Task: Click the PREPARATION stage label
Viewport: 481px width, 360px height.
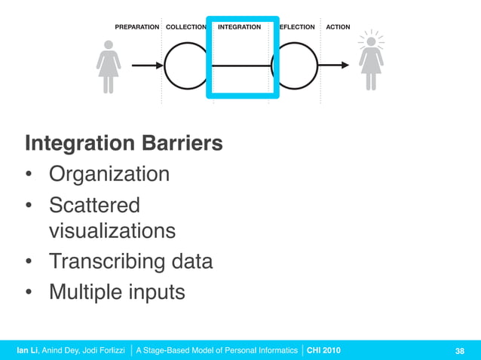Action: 136,27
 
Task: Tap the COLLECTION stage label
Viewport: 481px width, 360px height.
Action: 185,27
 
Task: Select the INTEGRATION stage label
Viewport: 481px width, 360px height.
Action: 239,27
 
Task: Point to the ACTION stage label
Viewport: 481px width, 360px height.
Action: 338,27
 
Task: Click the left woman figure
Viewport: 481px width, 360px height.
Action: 109,66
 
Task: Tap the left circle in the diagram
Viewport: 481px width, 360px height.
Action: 185,66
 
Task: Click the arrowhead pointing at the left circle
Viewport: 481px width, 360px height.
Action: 159,66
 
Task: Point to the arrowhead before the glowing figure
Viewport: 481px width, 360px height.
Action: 345,66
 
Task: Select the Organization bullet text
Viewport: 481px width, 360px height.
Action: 109,175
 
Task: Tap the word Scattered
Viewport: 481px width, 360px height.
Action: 94,205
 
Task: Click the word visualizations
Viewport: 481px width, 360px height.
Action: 112,230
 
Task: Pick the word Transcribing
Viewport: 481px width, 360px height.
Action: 105,261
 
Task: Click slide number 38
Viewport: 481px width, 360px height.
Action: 459,350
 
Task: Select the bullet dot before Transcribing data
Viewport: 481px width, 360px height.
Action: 29,262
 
